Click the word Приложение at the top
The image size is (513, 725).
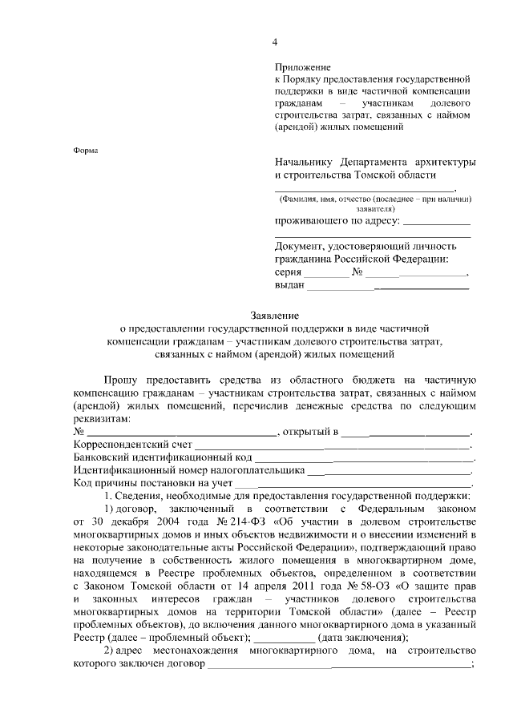point(302,66)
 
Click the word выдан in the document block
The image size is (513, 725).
point(289,285)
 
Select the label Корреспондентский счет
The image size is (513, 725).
point(133,444)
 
